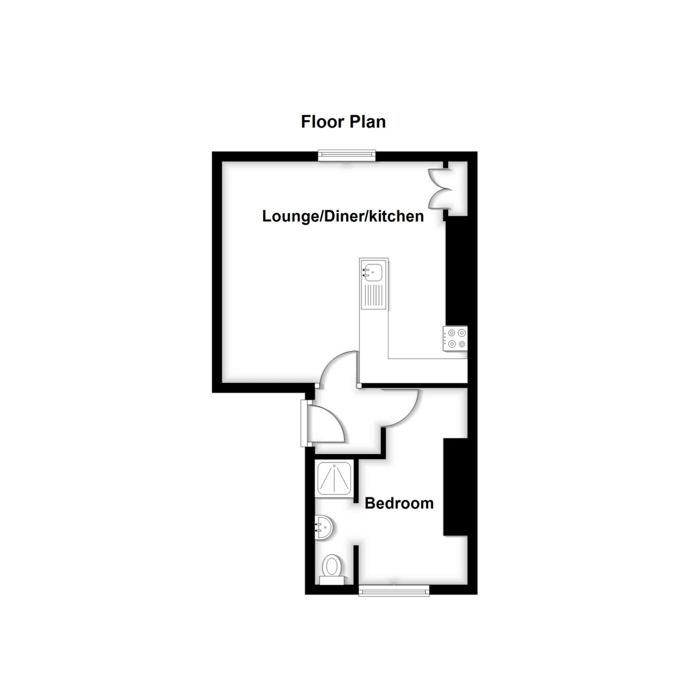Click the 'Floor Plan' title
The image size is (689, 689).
[x=343, y=122]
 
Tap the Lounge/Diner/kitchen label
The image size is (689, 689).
[x=343, y=216]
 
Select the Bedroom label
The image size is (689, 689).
[x=399, y=503]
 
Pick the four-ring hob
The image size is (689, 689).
[x=455, y=339]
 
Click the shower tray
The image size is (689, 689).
[x=335, y=479]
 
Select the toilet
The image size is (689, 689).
[x=332, y=570]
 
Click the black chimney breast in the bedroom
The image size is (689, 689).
[x=455, y=487]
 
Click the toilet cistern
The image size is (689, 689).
[x=332, y=581]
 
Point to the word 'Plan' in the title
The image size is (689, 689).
[x=368, y=122]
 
